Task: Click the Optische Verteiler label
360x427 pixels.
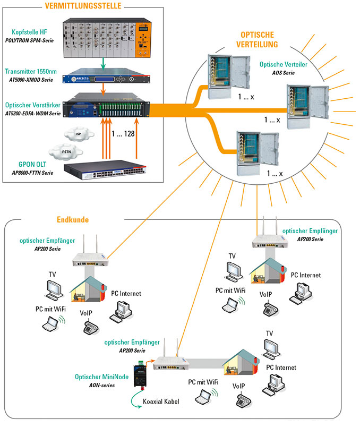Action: click(x=283, y=64)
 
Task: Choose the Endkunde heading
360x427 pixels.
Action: click(x=73, y=219)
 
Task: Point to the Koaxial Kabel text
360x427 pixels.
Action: click(x=161, y=402)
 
